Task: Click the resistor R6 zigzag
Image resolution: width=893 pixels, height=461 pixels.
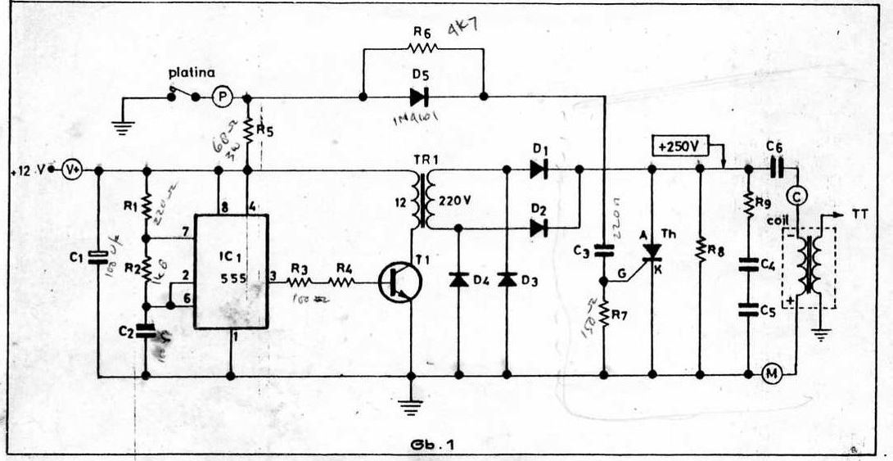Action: pos(422,49)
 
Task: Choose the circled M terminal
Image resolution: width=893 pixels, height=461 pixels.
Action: pos(771,374)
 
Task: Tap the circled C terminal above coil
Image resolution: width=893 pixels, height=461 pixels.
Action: pos(794,196)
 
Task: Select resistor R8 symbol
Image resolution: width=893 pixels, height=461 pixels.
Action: pos(700,250)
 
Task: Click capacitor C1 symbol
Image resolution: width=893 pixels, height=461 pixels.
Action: pos(98,257)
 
